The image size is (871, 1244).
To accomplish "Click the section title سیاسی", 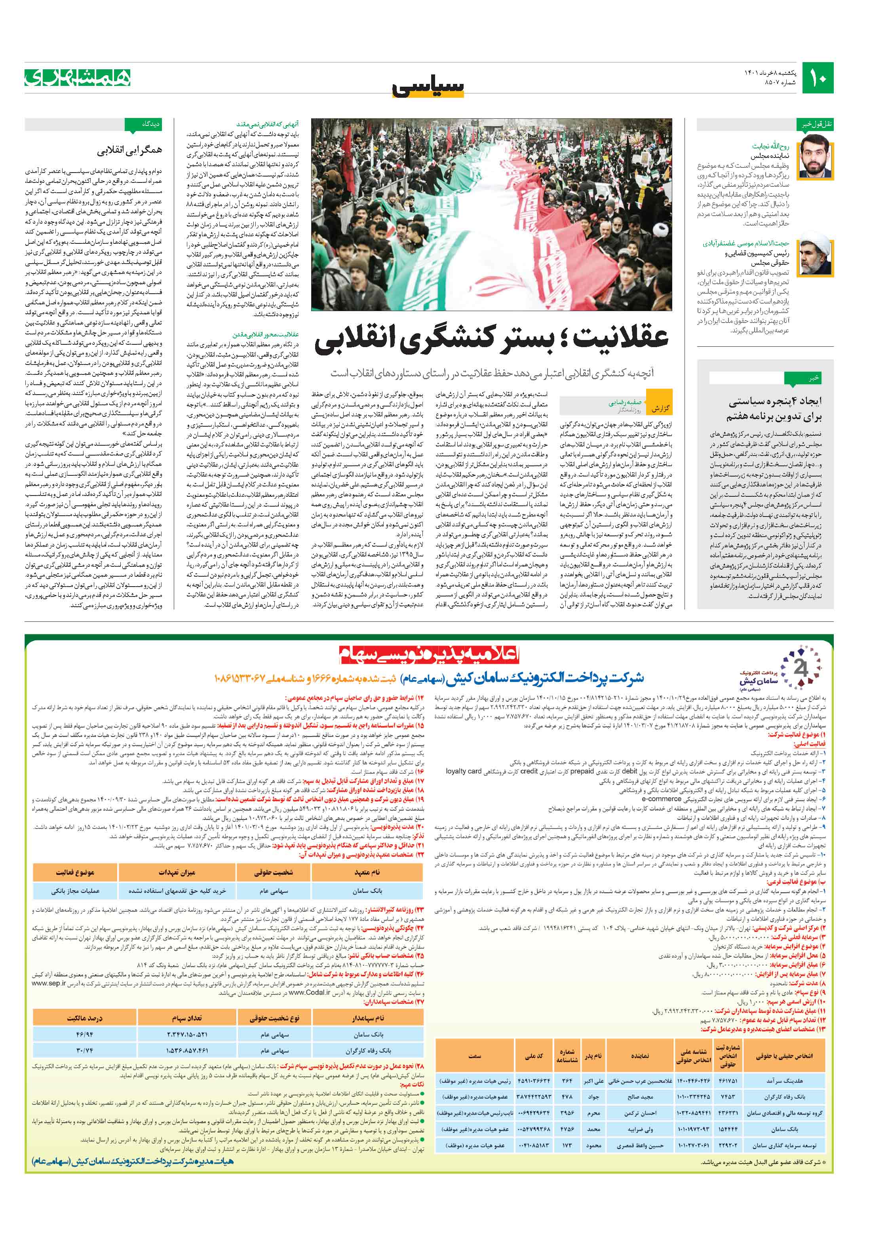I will [428, 87].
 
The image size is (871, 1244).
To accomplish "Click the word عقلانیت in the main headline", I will [611, 340].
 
